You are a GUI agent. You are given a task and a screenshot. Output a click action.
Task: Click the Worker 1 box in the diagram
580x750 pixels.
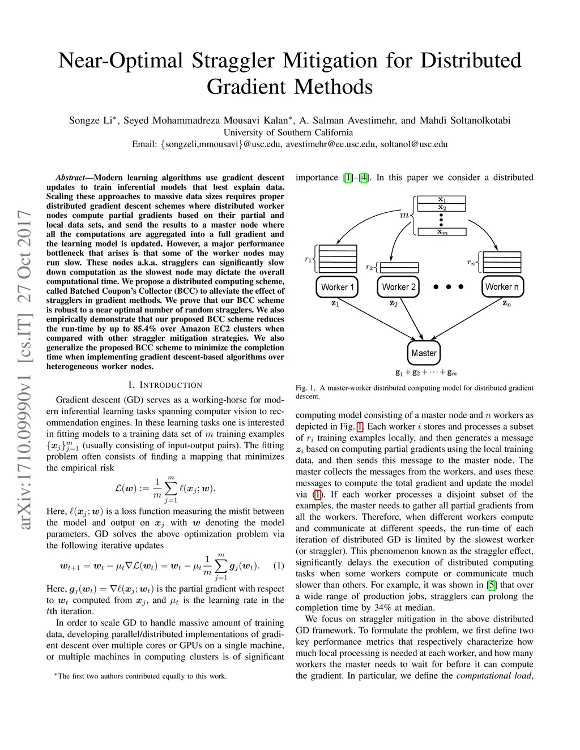point(337,287)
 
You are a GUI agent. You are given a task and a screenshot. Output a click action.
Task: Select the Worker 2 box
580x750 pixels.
point(399,287)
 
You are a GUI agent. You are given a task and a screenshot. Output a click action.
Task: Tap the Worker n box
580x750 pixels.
point(502,287)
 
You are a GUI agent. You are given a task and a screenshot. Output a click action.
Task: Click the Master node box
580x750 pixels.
point(424,353)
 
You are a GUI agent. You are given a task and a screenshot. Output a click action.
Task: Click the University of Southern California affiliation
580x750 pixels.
point(288,132)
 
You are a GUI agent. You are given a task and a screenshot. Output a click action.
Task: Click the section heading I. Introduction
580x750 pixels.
point(165,385)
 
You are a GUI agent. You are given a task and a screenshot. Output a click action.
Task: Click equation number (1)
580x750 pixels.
point(279,565)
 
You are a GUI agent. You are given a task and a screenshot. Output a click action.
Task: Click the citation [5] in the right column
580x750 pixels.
point(492,585)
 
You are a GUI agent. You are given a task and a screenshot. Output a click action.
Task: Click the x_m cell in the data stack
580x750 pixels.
point(442,232)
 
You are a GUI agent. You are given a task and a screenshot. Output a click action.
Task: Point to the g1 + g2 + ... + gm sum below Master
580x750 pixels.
point(426,372)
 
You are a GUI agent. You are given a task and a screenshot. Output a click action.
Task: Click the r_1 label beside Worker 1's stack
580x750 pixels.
point(308,259)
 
